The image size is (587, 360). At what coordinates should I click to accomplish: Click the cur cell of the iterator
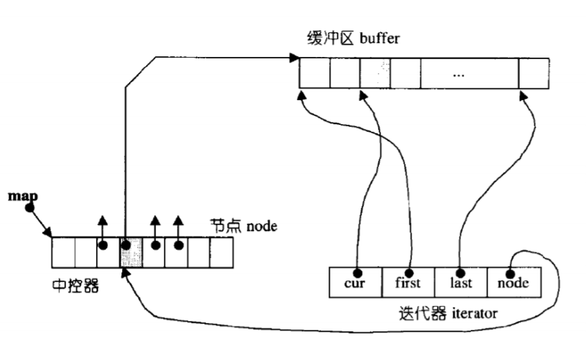click(355, 282)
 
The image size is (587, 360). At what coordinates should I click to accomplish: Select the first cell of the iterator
click(408, 282)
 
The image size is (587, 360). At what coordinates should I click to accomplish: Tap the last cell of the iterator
click(461, 282)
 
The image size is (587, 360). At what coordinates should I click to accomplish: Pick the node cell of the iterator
click(514, 282)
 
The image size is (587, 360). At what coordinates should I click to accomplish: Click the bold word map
click(22, 196)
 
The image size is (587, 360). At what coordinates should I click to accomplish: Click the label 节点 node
click(243, 225)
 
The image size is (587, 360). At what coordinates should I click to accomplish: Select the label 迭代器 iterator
click(447, 314)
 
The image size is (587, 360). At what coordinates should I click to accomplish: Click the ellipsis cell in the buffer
click(469, 73)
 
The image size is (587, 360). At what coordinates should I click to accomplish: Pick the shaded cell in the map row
click(132, 252)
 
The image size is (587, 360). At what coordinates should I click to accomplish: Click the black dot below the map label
click(30, 208)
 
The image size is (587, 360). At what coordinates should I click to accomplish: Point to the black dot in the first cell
click(409, 270)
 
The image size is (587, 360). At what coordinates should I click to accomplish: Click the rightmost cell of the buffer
click(534, 73)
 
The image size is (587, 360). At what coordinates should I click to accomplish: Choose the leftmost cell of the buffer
click(314, 73)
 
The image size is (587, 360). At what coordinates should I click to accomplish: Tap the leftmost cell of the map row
click(63, 252)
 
